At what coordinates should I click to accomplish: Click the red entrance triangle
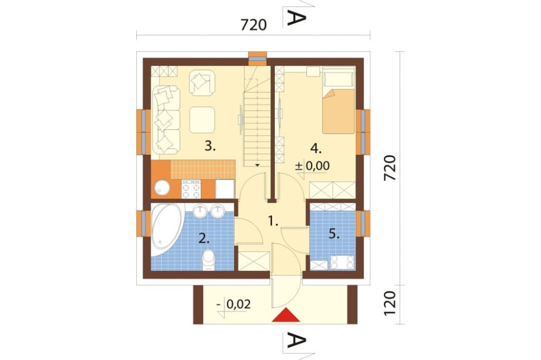(286, 316)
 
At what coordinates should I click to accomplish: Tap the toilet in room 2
(208, 260)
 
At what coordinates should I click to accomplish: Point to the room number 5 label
(334, 235)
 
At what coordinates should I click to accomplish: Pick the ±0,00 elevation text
(313, 166)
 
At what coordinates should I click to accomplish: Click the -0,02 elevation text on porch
(234, 304)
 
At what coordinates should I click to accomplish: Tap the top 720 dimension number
(254, 25)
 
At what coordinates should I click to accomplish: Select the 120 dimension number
(390, 303)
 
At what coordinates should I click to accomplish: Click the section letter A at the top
(296, 18)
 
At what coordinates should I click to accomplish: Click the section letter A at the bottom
(296, 342)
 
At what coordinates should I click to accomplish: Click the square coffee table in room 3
(202, 119)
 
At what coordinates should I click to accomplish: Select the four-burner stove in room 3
(191, 189)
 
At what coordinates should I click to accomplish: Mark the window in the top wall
(258, 58)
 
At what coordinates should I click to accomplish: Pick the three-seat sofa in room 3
(166, 119)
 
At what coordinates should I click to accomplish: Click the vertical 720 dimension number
(390, 168)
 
